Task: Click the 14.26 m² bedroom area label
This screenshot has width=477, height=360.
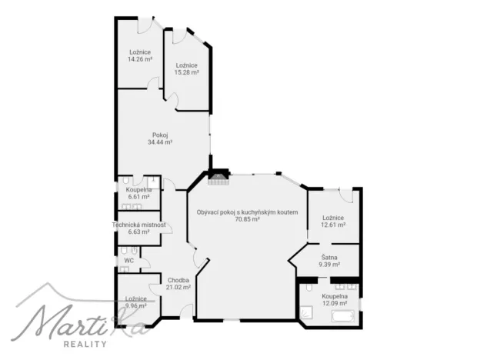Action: [x=140, y=58]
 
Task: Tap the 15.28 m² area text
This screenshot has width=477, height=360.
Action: [x=187, y=72]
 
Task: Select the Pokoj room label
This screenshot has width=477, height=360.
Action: [x=159, y=135]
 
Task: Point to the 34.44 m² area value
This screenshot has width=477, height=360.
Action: [x=159, y=142]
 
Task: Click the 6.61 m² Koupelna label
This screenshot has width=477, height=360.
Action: [x=138, y=196]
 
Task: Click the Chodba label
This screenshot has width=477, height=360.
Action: [x=178, y=280]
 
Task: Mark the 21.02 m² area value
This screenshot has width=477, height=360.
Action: [x=178, y=287]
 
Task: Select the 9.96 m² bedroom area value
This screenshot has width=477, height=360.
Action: [x=136, y=305]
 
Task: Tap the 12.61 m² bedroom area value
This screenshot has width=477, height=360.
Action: [x=333, y=225]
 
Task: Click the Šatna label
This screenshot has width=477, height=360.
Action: [x=329, y=258]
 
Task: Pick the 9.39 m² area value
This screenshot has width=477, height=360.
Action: [x=329, y=265]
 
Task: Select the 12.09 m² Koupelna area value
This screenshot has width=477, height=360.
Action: [x=335, y=302]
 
